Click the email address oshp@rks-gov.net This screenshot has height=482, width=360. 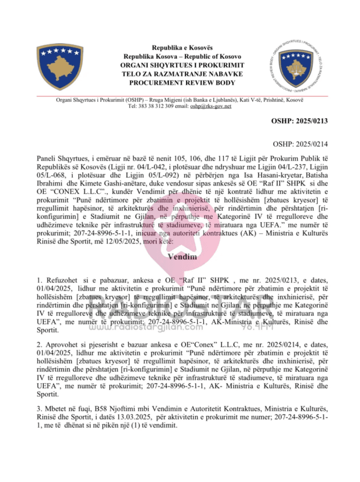click(x=211, y=106)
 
